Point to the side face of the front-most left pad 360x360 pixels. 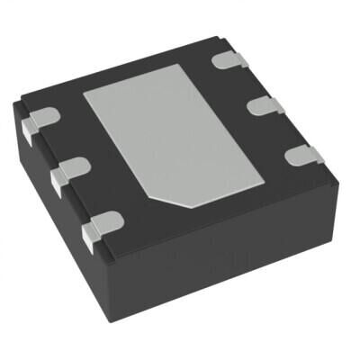tap(90, 237)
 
